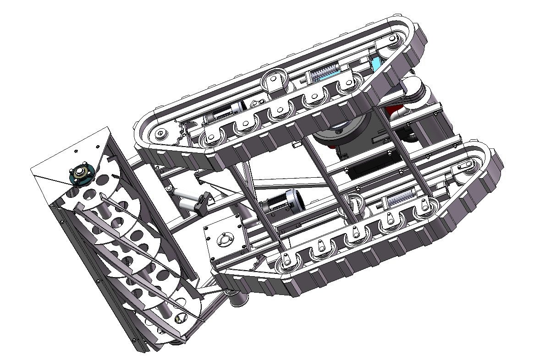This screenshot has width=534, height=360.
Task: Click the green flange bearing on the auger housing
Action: point(81,175)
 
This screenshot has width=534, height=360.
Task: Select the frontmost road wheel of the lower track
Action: point(286,263)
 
